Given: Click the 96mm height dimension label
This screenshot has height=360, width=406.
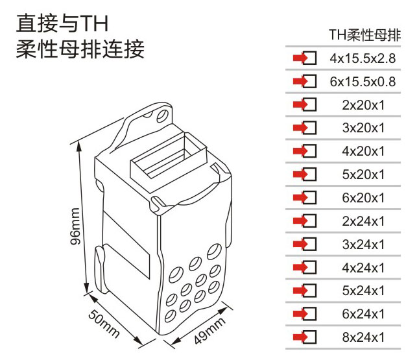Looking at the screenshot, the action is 75,226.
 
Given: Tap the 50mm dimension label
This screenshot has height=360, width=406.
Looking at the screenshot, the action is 104,324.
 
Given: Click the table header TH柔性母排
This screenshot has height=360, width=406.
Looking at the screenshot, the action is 364,35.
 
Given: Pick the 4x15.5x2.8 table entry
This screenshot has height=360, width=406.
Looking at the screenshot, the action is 363,58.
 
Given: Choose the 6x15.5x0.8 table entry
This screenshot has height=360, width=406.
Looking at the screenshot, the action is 363,82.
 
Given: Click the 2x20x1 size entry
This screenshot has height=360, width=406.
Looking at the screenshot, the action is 363,105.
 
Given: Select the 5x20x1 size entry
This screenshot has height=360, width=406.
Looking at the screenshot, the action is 363,174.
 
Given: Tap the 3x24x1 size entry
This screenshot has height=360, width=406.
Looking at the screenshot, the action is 363,245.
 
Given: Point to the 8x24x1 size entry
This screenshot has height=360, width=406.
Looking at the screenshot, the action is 363,337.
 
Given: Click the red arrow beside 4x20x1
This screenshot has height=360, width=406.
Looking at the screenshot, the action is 300,151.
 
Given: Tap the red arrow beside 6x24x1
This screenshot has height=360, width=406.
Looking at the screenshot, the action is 300,314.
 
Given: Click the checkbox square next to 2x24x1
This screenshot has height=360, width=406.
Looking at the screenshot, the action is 310,221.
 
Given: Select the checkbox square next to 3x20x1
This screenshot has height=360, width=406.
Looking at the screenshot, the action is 310,128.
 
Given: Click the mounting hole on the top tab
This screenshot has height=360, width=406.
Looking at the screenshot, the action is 162,115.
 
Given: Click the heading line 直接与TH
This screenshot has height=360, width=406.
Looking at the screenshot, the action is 62,23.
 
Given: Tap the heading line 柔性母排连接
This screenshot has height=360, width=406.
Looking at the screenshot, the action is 80,49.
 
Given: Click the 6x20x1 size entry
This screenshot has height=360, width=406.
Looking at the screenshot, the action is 363,198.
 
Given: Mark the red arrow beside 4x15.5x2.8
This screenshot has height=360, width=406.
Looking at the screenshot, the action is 300,58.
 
